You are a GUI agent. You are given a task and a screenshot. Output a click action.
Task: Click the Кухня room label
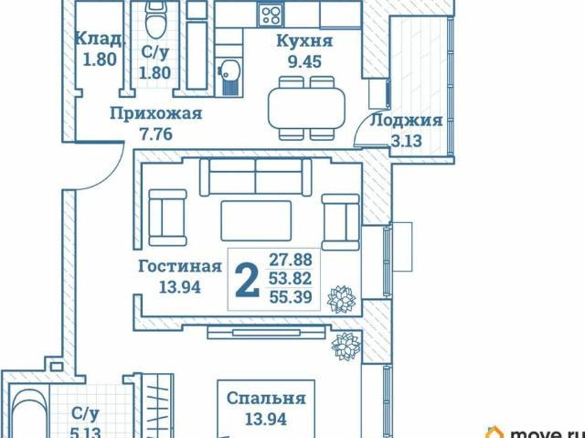point(304,41)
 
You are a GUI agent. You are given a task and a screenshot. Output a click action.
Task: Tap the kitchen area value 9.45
point(304,61)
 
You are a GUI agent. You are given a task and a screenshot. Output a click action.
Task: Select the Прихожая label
point(156,113)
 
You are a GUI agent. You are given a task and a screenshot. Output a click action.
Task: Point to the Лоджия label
point(406,121)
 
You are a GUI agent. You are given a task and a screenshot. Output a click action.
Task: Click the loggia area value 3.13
point(406,141)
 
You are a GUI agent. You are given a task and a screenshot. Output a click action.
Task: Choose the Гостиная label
point(180,266)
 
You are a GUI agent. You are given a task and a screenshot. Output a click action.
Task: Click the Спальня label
point(266,399)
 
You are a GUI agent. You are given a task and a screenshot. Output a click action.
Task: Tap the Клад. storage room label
point(99,38)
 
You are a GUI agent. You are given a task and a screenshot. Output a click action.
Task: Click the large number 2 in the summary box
point(248,280)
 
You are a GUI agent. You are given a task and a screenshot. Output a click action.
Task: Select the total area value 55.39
point(291,297)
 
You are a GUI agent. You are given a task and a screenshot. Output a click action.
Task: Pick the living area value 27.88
point(291,260)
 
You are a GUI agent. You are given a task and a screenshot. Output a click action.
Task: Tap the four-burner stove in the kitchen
point(271,16)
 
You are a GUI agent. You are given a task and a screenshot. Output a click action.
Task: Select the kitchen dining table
point(306,108)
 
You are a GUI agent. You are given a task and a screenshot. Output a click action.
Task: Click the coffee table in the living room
point(256,220)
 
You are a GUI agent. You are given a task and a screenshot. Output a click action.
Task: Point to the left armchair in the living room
point(167,218)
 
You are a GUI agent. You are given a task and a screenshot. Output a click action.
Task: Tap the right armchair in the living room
point(341,222)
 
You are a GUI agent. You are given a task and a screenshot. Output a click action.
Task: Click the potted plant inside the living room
point(341,299)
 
